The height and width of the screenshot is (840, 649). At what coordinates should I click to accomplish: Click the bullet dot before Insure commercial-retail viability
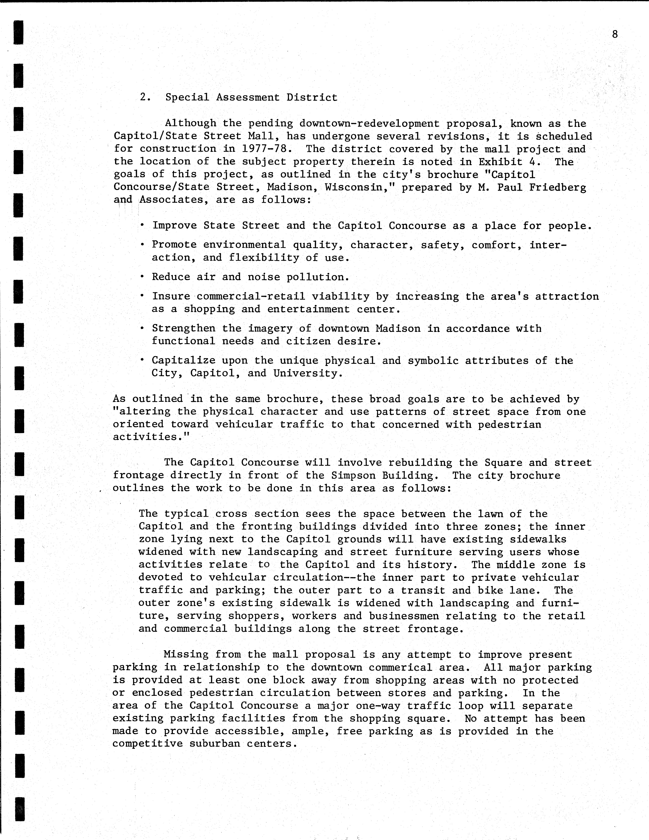[142, 295]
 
